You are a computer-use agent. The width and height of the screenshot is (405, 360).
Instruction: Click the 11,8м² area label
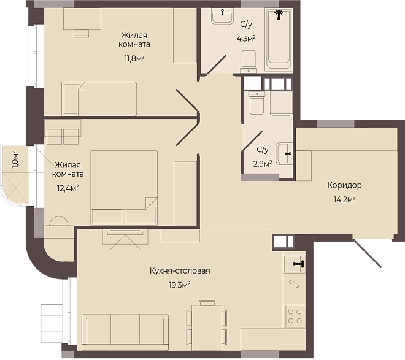pyautogui.click(x=134, y=58)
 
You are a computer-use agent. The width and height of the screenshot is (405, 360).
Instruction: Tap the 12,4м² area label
pyautogui.click(x=67, y=188)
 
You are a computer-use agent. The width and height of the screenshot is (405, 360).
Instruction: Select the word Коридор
pyautogui.click(x=345, y=185)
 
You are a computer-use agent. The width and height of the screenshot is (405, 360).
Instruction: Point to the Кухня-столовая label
pyautogui.click(x=180, y=271)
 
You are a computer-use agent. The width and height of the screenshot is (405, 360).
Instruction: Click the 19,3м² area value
pyautogui.click(x=180, y=285)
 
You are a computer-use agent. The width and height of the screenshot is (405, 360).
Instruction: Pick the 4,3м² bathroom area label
pyautogui.click(x=246, y=39)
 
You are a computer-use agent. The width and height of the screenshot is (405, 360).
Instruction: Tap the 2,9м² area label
pyautogui.click(x=263, y=164)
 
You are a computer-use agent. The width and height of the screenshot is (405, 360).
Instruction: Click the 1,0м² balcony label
pyautogui.click(x=15, y=159)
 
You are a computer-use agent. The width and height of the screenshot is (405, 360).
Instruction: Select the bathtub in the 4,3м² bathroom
pyautogui.click(x=279, y=39)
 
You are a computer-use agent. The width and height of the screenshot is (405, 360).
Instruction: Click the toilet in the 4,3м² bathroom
pyautogui.click(x=249, y=61)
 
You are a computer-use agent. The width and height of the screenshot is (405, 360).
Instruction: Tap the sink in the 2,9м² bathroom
pyautogui.click(x=284, y=154)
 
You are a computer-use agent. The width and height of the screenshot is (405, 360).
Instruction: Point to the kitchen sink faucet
pyautogui.click(x=299, y=264)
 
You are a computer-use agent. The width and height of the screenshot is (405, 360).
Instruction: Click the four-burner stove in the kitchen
pyautogui.click(x=295, y=316)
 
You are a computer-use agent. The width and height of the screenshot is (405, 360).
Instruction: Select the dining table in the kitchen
pyautogui.click(x=207, y=327)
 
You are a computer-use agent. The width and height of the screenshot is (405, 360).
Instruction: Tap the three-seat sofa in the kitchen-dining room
pyautogui.click(x=125, y=332)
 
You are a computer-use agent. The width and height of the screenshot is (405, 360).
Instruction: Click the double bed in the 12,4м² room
pyautogui.click(x=124, y=187)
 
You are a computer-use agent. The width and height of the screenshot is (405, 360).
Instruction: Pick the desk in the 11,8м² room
pyautogui.click(x=82, y=19)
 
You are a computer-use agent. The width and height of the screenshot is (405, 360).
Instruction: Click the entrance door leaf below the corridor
pyautogui.click(x=367, y=253)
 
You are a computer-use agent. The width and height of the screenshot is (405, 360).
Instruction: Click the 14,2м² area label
pyautogui.click(x=345, y=199)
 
